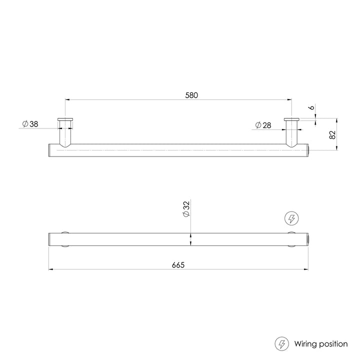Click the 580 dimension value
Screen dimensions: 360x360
tap(191, 95)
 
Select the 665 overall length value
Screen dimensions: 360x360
tap(178, 265)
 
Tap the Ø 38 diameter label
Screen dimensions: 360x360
tap(30, 124)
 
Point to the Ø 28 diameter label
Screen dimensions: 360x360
tap(263, 125)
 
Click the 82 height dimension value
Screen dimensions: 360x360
tap(332, 135)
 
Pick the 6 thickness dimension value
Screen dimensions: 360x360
tap(312, 107)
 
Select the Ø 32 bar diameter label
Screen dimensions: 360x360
tap(186, 209)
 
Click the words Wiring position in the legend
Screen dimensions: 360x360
tap(321, 344)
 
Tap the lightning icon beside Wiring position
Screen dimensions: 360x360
tap(282, 344)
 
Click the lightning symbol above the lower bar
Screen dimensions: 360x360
tap(291, 218)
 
